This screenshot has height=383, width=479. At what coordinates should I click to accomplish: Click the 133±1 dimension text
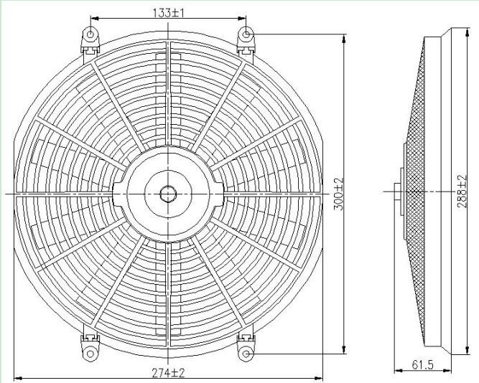coord(168,11)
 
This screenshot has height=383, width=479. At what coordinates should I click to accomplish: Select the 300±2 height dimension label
coord(340,194)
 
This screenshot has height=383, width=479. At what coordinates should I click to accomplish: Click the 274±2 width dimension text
coord(168,372)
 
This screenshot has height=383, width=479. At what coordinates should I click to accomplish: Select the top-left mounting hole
coord(91,34)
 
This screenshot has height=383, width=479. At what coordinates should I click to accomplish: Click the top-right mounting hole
coord(246,34)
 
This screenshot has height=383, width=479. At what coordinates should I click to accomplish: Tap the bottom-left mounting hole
coord(91,353)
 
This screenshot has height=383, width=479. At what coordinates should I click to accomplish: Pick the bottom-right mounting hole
coord(246,353)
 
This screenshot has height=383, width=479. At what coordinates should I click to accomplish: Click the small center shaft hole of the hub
coord(168,193)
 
